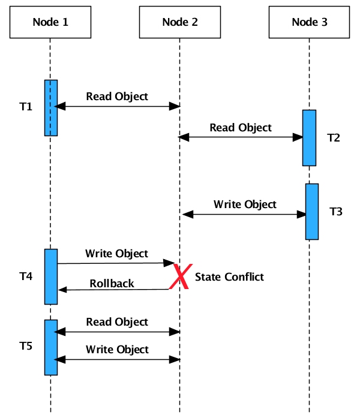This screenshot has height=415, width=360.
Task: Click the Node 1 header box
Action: [x=50, y=22]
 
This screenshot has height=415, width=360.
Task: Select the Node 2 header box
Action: [x=179, y=22]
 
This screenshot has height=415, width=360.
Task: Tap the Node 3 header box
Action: [x=309, y=22]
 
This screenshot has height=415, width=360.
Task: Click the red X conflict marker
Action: [x=179, y=276]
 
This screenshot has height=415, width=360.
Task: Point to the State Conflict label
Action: [x=229, y=276]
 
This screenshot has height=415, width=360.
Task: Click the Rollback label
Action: [x=112, y=283]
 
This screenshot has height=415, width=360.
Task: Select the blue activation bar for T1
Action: [x=51, y=107]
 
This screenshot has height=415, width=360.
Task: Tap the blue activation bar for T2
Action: [x=309, y=137]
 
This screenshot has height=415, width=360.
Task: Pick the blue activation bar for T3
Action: [x=312, y=211]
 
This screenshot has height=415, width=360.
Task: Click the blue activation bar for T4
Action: [x=51, y=276]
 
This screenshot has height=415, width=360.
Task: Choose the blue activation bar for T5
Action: [x=51, y=347]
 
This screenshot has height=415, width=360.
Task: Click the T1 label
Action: [x=25, y=107]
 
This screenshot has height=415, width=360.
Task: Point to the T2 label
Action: [x=334, y=137]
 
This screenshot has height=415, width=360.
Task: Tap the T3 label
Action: [x=336, y=212]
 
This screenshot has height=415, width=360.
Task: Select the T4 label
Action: [x=26, y=276]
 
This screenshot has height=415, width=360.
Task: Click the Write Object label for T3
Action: [x=245, y=204]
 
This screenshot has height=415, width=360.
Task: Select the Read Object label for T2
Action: [x=241, y=128]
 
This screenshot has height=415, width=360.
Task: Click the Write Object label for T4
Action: [x=116, y=253]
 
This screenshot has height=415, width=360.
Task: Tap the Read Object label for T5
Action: [x=117, y=322]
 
